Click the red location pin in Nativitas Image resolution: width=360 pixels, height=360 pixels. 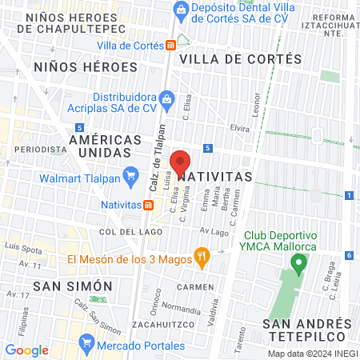[x=181, y=160]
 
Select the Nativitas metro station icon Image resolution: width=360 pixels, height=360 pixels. [x=149, y=204]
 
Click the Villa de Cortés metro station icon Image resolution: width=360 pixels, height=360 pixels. [x=170, y=46]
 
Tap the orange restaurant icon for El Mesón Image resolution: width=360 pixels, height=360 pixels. [x=202, y=258]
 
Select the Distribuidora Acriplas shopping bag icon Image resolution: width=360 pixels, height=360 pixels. [x=166, y=100]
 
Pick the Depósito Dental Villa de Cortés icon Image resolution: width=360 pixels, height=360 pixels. [x=181, y=10]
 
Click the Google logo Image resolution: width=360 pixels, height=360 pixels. [x=27, y=350]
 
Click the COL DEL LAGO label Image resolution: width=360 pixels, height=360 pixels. [x=125, y=232]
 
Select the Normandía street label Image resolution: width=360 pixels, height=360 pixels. [x=181, y=307]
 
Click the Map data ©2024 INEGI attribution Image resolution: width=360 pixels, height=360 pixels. [x=311, y=354]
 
